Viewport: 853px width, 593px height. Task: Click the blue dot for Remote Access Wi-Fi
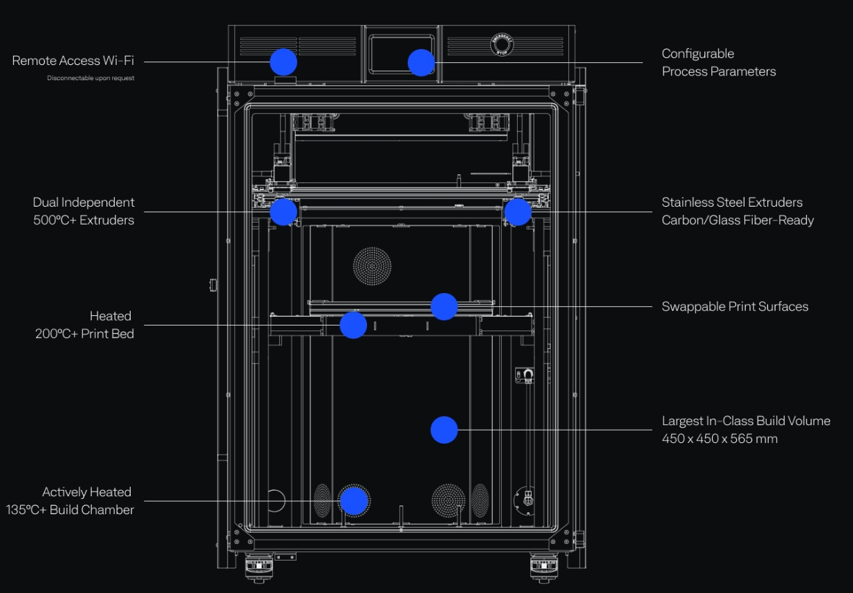pyautogui.click(x=283, y=62)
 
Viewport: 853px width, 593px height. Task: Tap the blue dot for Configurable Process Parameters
pyautogui.click(x=421, y=63)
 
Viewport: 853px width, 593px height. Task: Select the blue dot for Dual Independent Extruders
pyautogui.click(x=283, y=211)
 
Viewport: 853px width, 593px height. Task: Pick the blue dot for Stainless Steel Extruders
pyautogui.click(x=517, y=212)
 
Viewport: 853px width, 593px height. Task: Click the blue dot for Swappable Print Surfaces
pyautogui.click(x=444, y=307)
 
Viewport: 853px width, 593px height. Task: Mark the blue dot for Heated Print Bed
pyautogui.click(x=353, y=325)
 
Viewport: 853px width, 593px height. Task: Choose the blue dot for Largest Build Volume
pyautogui.click(x=444, y=430)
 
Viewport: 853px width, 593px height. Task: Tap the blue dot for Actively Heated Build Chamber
pyautogui.click(x=353, y=501)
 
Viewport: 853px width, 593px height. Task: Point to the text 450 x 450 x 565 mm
pyautogui.click(x=719, y=439)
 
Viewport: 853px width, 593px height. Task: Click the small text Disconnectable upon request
pyautogui.click(x=91, y=78)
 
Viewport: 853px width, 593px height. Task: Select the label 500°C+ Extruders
pyautogui.click(x=84, y=220)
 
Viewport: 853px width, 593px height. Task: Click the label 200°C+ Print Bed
pyautogui.click(x=84, y=334)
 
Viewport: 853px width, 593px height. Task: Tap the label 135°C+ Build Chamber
pyautogui.click(x=70, y=510)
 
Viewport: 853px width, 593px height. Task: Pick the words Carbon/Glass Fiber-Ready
pyautogui.click(x=738, y=220)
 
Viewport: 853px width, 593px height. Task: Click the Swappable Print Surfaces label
pyautogui.click(x=735, y=307)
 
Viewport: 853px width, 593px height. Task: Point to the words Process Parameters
pyautogui.click(x=719, y=71)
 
